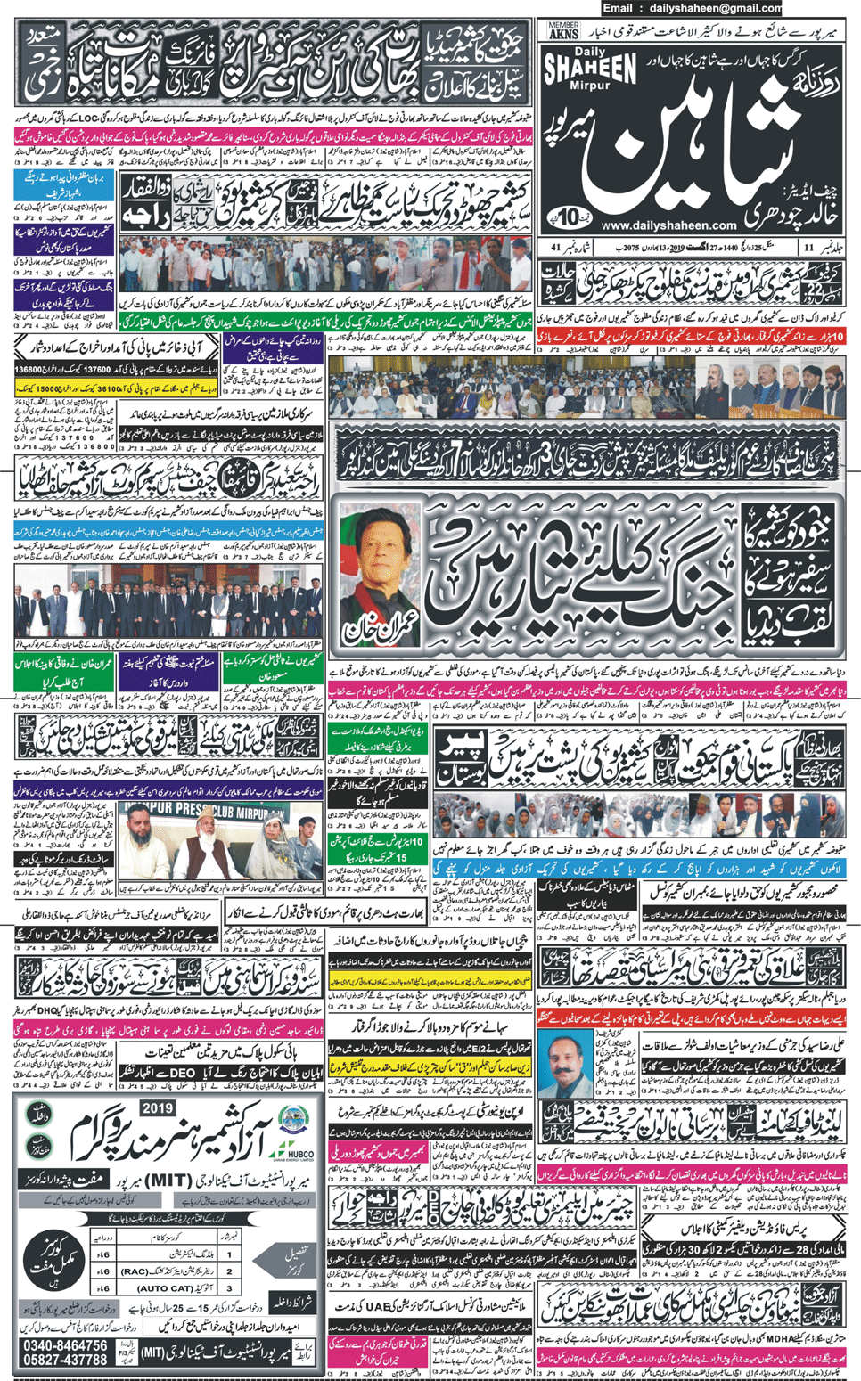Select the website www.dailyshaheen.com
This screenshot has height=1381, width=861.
point(669,225)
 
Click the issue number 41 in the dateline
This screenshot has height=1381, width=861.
point(555,247)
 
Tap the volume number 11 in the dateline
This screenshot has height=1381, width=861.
point(808,247)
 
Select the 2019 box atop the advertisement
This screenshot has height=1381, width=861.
point(158,1108)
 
